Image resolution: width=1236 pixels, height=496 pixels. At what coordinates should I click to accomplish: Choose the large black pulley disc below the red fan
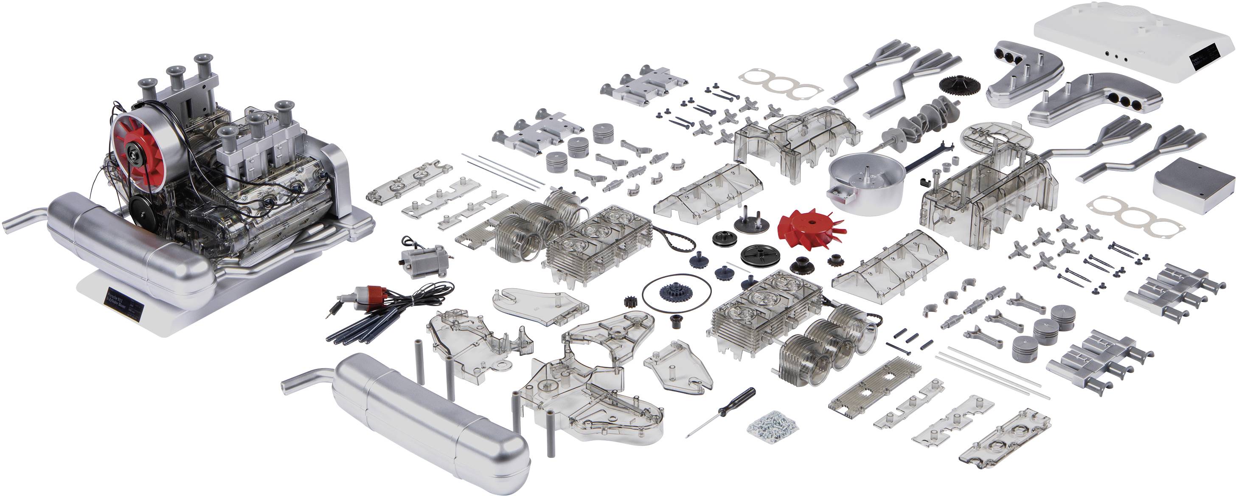tap(760, 255)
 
